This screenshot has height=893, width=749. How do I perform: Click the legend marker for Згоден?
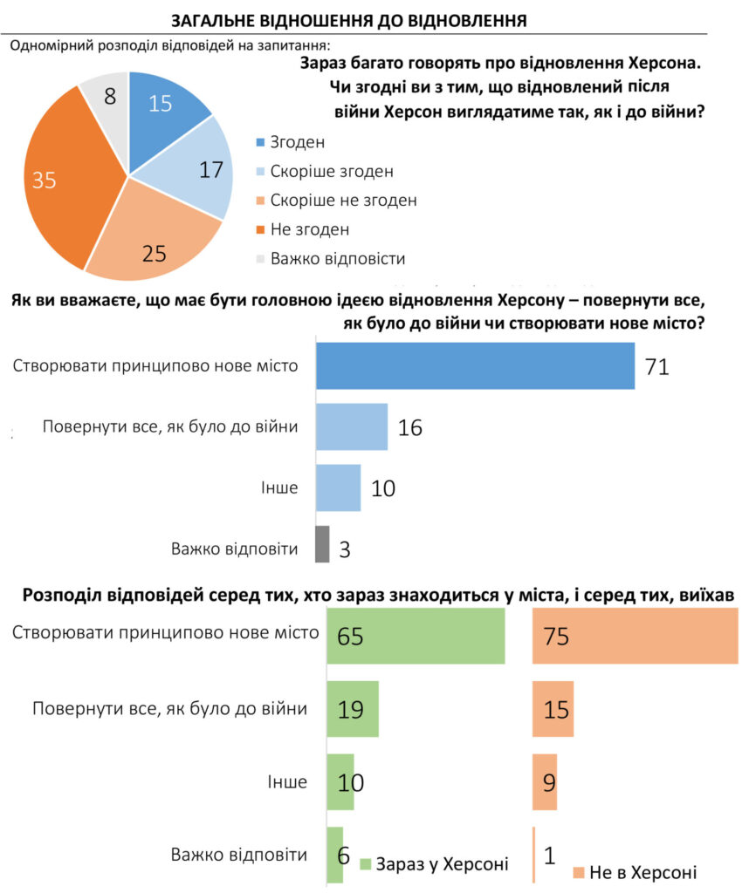[x=260, y=141]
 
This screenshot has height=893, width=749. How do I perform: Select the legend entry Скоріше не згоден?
[x=343, y=200]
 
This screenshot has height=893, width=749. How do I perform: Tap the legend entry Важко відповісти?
[x=338, y=258]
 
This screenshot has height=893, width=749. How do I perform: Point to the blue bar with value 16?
[x=351, y=426]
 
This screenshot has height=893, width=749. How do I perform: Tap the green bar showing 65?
[x=416, y=636]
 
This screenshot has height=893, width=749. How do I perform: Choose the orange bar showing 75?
[x=635, y=636]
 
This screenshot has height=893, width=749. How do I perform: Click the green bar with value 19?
[x=353, y=708]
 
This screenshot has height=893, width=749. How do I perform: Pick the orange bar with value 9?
[x=545, y=781]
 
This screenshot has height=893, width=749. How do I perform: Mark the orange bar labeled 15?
[x=553, y=708]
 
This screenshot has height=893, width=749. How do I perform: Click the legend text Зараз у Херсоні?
[x=442, y=864]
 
